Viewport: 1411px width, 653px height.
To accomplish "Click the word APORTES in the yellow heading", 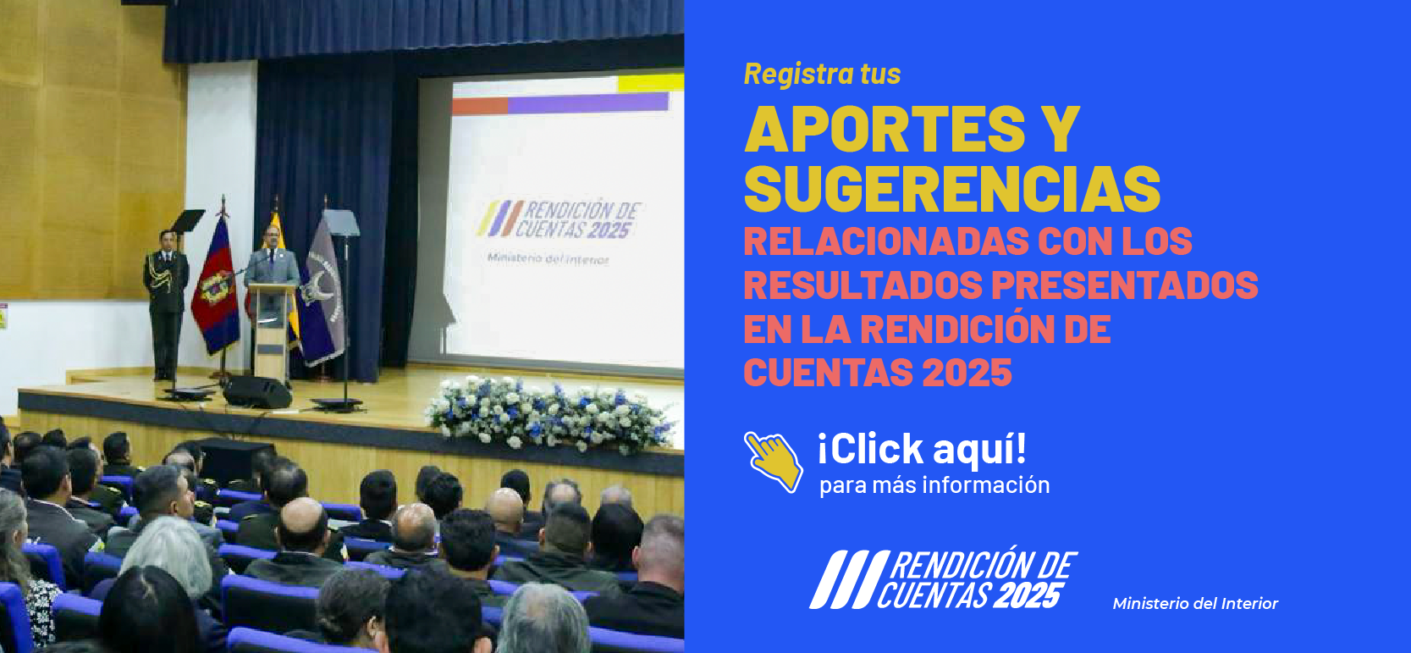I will coord(885,130).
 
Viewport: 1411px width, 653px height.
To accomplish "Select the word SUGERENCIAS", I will coord(952,189).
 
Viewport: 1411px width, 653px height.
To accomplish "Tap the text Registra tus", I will coord(822,75).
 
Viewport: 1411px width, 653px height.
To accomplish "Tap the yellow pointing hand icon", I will coord(774,461).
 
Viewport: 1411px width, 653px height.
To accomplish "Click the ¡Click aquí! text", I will coord(922,448).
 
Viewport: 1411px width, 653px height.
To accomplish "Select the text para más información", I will coord(934,485).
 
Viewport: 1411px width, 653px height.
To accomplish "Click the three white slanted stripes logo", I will coord(842,579).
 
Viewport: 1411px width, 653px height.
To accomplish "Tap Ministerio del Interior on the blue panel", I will coord(1194,604).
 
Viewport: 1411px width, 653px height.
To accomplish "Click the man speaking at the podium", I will coord(272,263).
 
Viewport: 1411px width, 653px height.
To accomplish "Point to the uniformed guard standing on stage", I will coord(166,296).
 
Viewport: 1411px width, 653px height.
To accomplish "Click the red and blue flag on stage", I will coord(216,288).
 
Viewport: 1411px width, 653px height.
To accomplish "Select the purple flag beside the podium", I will coord(322,292).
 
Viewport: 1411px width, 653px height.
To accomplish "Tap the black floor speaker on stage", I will coord(256,392).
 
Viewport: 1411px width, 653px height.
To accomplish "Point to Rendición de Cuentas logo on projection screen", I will coord(559,220).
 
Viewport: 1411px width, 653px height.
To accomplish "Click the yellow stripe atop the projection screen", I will coord(650,83).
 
